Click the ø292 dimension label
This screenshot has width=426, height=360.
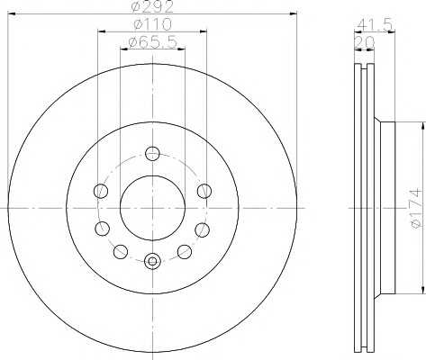(x=153, y=6)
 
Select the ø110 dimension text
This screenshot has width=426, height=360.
(x=153, y=24)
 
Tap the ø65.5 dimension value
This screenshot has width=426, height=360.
(x=152, y=42)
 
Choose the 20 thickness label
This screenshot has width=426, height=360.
(x=365, y=42)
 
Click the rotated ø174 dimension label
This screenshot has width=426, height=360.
(x=416, y=208)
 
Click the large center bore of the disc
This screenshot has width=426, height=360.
(x=152, y=208)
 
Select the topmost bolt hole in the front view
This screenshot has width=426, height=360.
(x=152, y=153)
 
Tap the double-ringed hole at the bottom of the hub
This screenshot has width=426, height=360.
(x=152, y=261)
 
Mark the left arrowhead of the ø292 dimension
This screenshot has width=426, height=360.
(x=11, y=13)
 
